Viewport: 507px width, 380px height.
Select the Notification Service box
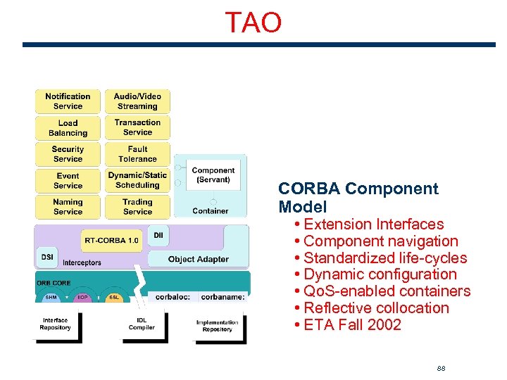pos(68,101)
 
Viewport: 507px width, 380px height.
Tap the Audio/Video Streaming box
pos(138,101)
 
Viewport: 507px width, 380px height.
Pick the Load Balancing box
pos(68,128)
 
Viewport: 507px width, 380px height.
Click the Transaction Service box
pos(138,127)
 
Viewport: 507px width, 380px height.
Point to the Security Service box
pos(68,154)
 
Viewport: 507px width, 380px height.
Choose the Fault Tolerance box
pos(138,154)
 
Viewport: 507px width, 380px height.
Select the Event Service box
pos(68,181)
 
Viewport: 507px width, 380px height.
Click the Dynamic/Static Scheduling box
pos(138,180)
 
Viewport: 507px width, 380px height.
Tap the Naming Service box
pos(68,207)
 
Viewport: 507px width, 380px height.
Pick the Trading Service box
pos(138,207)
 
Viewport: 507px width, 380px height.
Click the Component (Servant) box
pos(213,175)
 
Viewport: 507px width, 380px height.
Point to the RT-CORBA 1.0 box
pos(111,240)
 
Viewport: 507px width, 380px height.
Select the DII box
pos(158,235)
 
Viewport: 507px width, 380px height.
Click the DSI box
pos(47,258)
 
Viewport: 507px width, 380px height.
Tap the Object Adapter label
pos(198,260)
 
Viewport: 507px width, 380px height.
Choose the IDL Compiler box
pos(142,324)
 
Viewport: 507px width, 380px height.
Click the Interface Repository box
pos(55,324)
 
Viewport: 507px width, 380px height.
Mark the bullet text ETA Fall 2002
pos(352,325)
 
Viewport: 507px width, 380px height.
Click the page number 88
pos(442,369)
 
